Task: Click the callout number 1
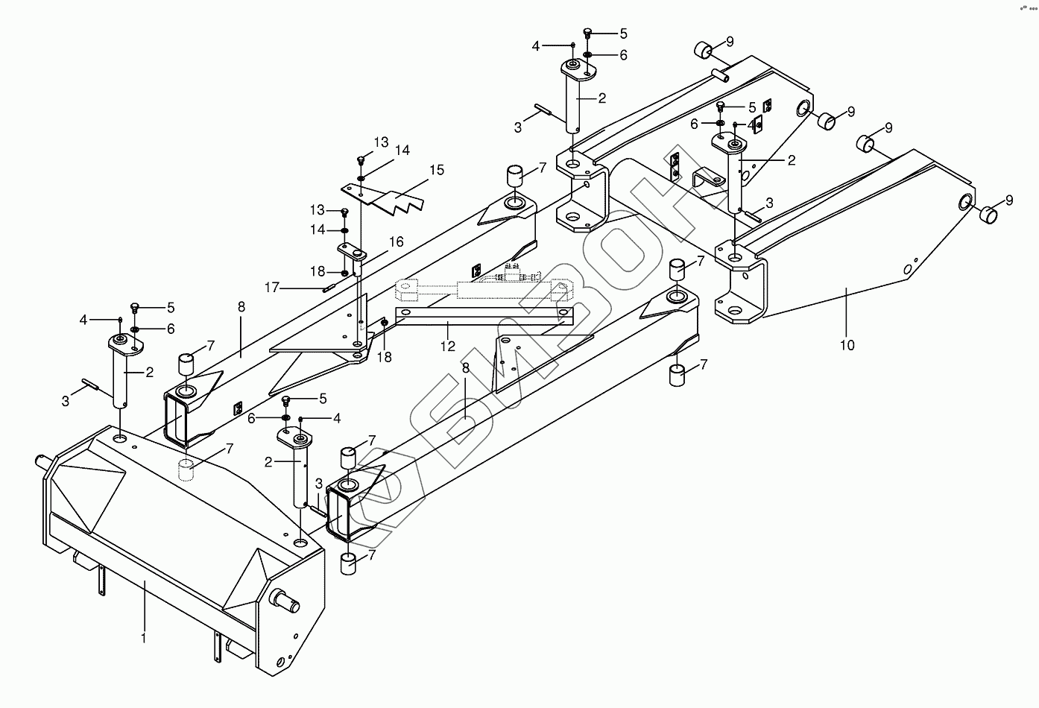point(144,638)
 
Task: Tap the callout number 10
point(847,345)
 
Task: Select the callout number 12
point(447,346)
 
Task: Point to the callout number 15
point(436,170)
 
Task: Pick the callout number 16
point(396,241)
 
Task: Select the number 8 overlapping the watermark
point(466,368)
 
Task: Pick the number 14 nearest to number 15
point(402,151)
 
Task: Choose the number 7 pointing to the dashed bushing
point(230,449)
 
